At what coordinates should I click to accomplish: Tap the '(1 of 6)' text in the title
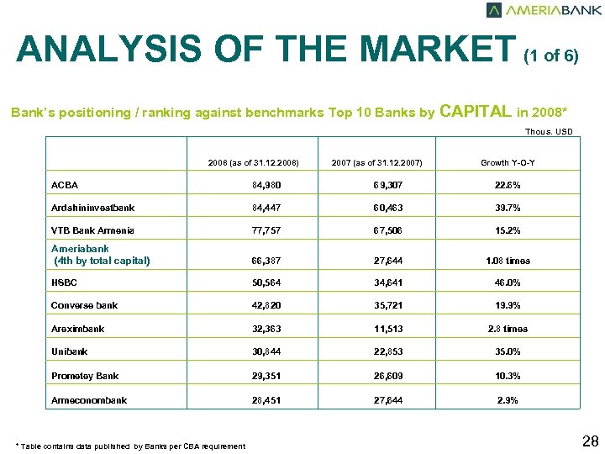coord(550,56)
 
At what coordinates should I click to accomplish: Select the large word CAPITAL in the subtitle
coord(476,111)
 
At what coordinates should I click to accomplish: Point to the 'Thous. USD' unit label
coord(549,132)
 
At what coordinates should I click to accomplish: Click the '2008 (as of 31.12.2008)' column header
coord(254,162)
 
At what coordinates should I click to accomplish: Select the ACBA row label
coord(65,185)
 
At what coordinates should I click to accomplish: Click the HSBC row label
coord(65,283)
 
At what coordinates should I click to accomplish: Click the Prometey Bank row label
coord(85,376)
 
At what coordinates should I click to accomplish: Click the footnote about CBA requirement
coord(130,446)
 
